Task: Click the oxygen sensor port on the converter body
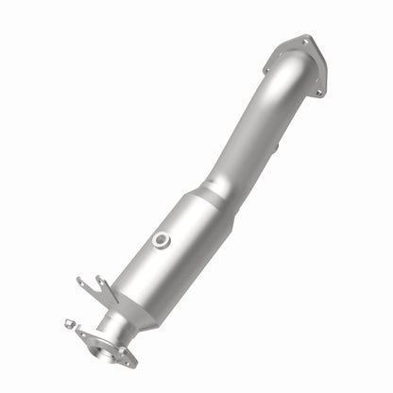pos(162,240)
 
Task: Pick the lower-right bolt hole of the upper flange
pos(319,92)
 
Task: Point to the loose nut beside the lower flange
pos(70,323)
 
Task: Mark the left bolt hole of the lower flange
pos(82,333)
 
